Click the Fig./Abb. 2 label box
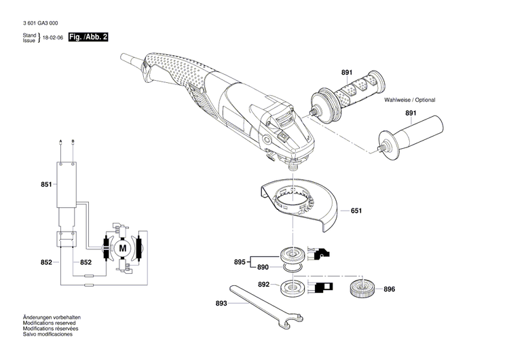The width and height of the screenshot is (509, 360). click(88, 36)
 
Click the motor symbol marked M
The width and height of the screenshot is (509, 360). click(123, 249)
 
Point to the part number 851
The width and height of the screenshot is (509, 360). click(46, 184)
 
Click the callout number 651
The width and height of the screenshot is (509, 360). click(356, 211)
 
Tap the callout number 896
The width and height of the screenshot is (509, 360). click(389, 289)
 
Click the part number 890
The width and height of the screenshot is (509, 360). click(264, 268)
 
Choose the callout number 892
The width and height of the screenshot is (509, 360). click(264, 284)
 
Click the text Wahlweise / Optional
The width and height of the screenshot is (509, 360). click(409, 100)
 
